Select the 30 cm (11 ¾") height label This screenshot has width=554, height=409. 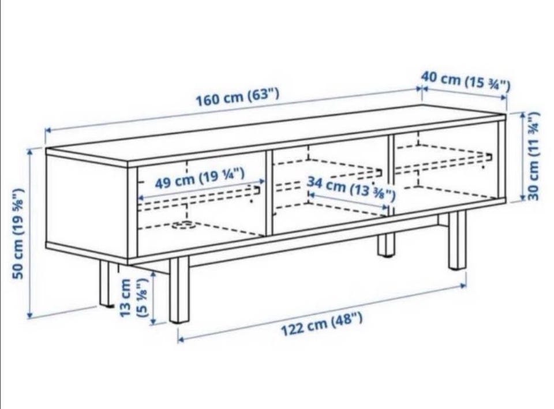(x=533, y=156)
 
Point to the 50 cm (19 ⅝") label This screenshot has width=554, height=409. (x=18, y=234)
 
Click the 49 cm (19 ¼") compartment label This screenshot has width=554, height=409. (x=200, y=179)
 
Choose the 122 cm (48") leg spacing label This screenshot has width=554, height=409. (x=321, y=325)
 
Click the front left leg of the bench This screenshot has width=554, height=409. (x=179, y=291)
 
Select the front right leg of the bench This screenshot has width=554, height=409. (x=458, y=241)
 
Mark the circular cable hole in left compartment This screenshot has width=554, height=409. (x=184, y=224)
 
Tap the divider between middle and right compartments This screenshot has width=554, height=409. (x=391, y=174)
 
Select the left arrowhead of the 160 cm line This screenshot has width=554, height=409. (x=48, y=130)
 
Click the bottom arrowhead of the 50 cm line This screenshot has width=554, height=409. (x=30, y=316)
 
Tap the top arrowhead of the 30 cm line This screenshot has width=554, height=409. (x=523, y=115)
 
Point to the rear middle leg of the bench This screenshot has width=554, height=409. (x=385, y=245)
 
